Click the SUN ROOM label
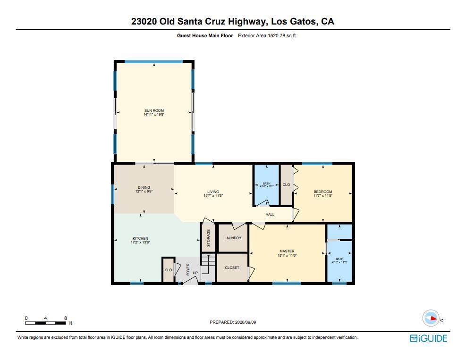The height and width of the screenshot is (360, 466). pyautogui.click(x=154, y=110)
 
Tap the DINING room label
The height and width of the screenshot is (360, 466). pyautogui.click(x=144, y=187)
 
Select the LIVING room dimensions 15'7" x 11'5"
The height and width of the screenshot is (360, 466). pyautogui.click(x=213, y=195)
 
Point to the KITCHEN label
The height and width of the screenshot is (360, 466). pyautogui.click(x=140, y=238)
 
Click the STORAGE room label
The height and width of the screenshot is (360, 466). pyautogui.click(x=208, y=238)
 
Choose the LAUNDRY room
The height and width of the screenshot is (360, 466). pyautogui.click(x=233, y=238)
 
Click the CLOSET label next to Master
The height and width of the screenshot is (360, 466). pyautogui.click(x=232, y=268)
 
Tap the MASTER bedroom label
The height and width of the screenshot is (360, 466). pyautogui.click(x=287, y=251)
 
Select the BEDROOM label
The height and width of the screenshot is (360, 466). pyautogui.click(x=323, y=192)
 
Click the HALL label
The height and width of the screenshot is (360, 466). pyautogui.click(x=270, y=214)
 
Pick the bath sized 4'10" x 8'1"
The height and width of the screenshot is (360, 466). pyautogui.click(x=267, y=185)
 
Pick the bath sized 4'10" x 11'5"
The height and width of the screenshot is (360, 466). pyautogui.click(x=339, y=260)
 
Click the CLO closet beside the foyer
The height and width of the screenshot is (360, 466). pyautogui.click(x=168, y=270)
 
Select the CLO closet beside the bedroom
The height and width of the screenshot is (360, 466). pyautogui.click(x=286, y=184)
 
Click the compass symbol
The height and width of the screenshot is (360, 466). pyautogui.click(x=431, y=318)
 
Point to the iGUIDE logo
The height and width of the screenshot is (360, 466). pyautogui.click(x=428, y=338)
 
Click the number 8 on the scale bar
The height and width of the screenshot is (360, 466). pyautogui.click(x=65, y=318)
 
